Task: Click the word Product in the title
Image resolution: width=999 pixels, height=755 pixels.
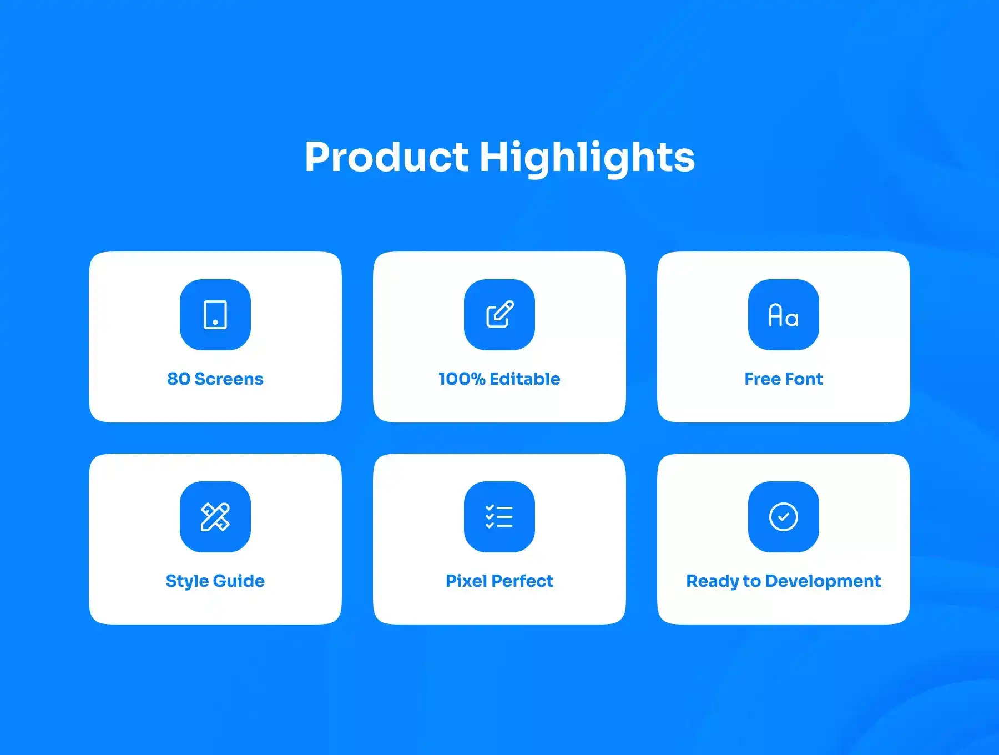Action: (387, 157)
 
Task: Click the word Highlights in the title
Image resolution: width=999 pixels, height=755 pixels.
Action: (587, 159)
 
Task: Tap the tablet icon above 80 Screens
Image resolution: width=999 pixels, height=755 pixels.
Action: (215, 315)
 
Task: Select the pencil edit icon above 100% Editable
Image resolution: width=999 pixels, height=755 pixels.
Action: (500, 314)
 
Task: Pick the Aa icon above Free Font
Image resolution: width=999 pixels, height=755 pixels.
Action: (784, 315)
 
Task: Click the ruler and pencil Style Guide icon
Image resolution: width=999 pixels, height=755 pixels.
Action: (215, 517)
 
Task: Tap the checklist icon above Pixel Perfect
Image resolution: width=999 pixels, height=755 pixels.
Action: (500, 517)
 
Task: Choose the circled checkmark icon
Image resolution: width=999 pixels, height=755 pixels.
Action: (784, 517)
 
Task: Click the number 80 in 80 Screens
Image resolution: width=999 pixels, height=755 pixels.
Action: (179, 379)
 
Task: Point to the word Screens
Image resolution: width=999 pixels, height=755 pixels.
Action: (229, 379)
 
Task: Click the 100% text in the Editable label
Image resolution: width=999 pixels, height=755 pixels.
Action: (462, 379)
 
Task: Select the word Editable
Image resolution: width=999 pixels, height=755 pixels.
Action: (525, 379)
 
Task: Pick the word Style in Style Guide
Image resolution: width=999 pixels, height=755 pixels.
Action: (187, 581)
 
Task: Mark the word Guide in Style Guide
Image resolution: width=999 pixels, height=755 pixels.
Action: (239, 581)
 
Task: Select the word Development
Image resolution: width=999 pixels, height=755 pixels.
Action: (823, 581)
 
